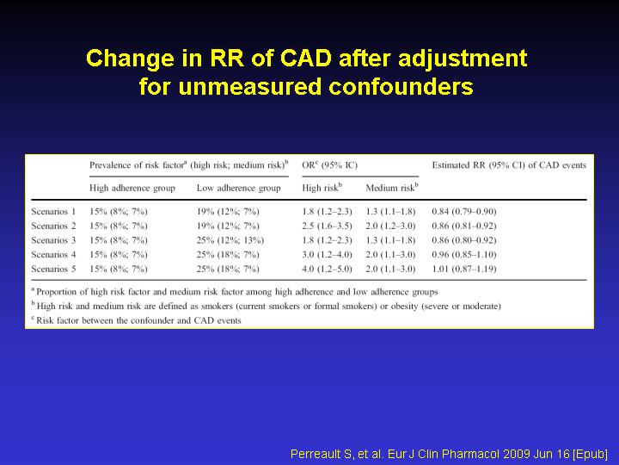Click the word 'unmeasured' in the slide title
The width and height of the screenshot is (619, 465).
click(x=249, y=86)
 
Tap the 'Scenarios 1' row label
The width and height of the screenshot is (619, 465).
click(x=53, y=212)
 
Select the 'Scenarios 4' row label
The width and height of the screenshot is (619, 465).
click(x=53, y=254)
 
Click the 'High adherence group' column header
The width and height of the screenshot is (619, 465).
click(x=132, y=189)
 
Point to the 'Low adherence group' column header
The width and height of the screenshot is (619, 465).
click(x=238, y=189)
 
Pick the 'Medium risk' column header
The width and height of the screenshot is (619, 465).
click(x=392, y=188)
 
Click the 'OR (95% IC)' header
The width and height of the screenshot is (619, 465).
click(x=329, y=165)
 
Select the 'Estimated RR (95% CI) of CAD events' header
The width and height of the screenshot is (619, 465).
click(x=509, y=165)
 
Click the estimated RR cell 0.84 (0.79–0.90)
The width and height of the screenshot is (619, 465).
click(x=464, y=212)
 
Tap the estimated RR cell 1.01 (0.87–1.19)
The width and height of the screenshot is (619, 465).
click(x=464, y=269)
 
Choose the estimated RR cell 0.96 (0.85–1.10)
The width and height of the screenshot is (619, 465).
click(x=464, y=254)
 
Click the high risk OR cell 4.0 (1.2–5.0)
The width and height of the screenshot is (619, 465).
click(x=327, y=269)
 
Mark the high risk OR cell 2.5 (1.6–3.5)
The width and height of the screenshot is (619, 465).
click(x=327, y=226)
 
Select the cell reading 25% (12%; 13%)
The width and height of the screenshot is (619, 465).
click(x=230, y=240)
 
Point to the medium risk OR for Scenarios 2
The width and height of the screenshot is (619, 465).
click(x=390, y=226)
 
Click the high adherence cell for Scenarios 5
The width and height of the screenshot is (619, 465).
click(x=119, y=269)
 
